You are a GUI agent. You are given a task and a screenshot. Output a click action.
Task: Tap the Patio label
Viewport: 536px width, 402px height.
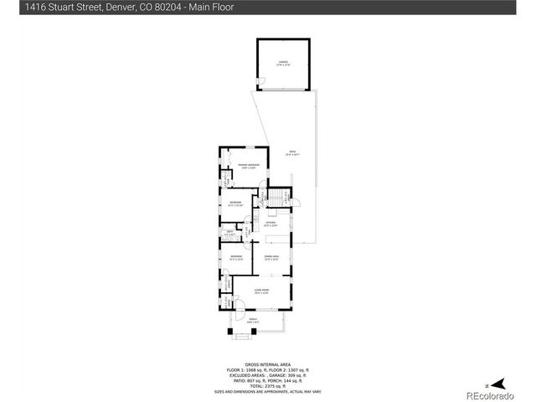[x=292, y=153]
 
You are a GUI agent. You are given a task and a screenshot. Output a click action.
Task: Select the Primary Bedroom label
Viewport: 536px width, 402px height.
[x=249, y=166]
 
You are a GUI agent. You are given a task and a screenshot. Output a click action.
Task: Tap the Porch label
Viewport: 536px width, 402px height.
[x=252, y=321]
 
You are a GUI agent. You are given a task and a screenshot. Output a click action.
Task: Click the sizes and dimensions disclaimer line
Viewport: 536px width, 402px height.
[x=267, y=391]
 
